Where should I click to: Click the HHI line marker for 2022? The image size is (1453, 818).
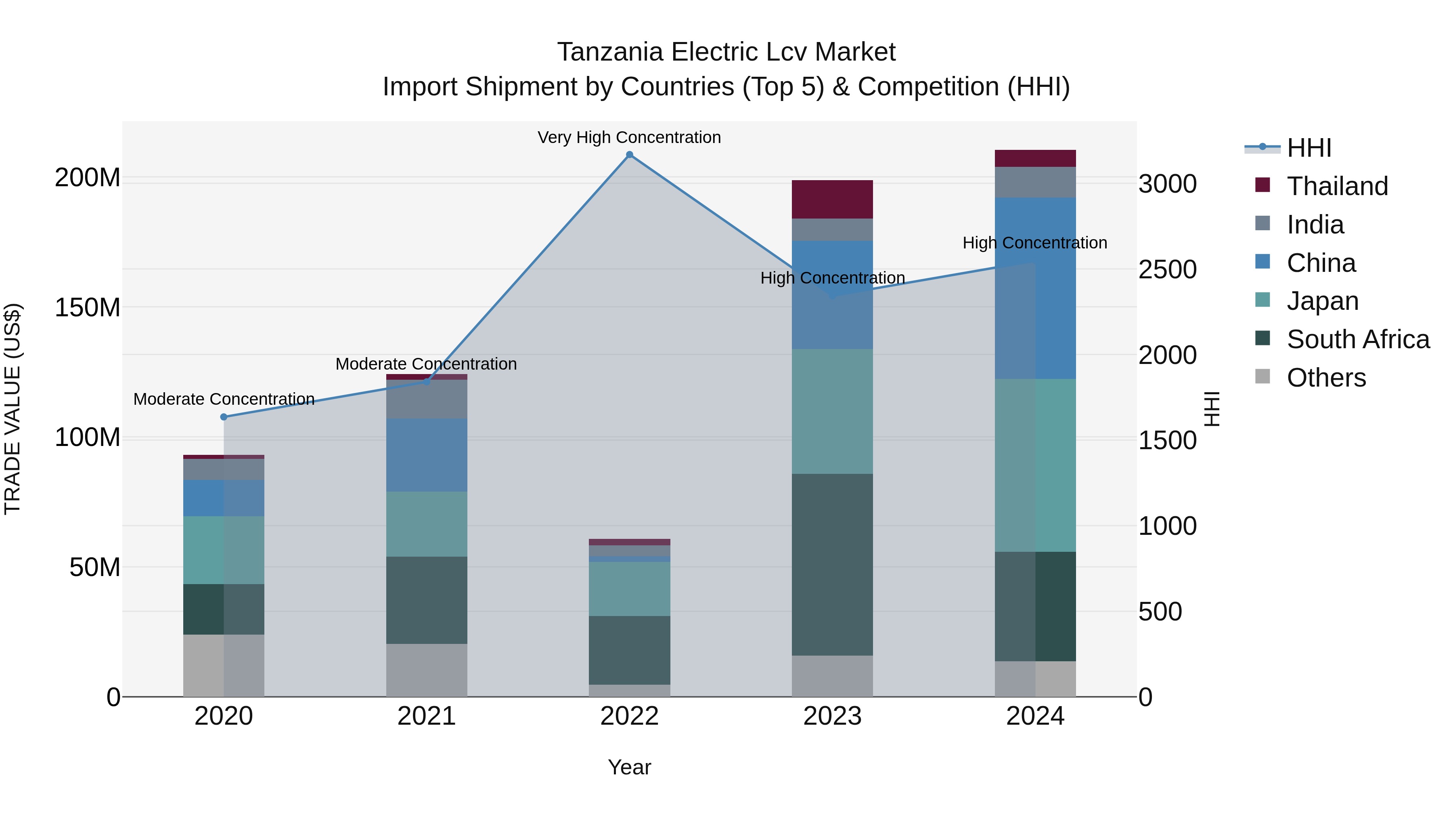(x=630, y=155)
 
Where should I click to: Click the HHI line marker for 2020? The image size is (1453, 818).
(x=224, y=416)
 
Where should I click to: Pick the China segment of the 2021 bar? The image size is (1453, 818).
(x=427, y=455)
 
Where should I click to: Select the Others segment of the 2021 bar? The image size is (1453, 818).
(x=427, y=670)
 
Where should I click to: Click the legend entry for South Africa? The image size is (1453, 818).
(x=1358, y=339)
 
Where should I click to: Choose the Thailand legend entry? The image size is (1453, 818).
(x=1337, y=186)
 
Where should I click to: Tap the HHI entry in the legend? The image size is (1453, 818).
(x=1309, y=148)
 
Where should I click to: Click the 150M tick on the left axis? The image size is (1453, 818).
(x=88, y=308)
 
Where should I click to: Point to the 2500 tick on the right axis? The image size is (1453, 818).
(x=1167, y=269)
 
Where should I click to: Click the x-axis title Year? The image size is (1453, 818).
(x=630, y=767)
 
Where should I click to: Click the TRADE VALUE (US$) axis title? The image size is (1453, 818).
(x=13, y=409)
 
